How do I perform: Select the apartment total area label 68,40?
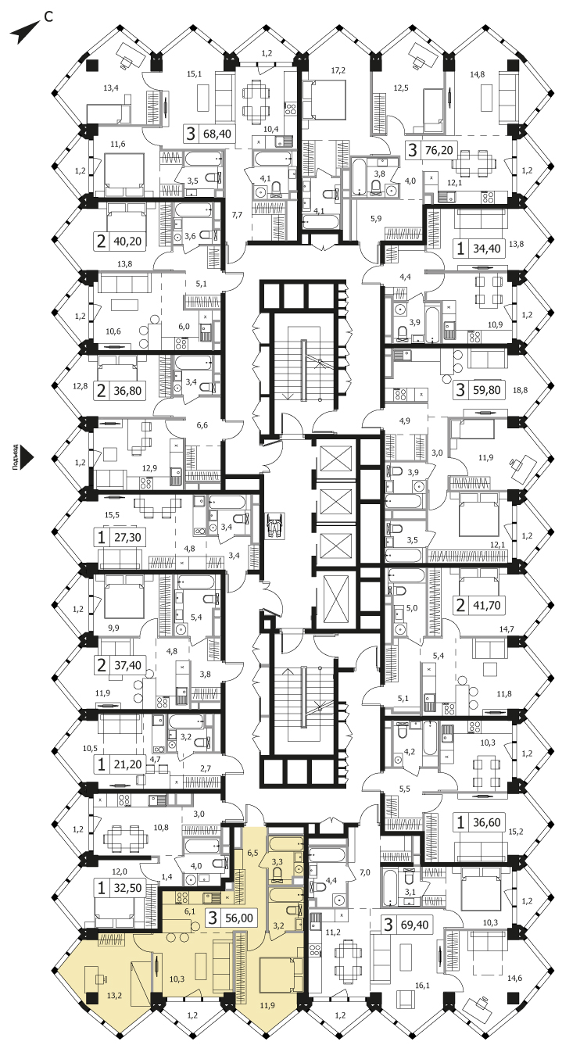pyautogui.click(x=217, y=134)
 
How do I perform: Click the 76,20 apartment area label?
pyautogui.click(x=439, y=151)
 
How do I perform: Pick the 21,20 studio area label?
pyautogui.click(x=127, y=764)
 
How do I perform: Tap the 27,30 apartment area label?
pyautogui.click(x=127, y=538)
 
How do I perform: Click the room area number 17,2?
pyautogui.click(x=338, y=70)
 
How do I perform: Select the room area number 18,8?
pyautogui.click(x=520, y=390)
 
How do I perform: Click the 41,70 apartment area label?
pyautogui.click(x=486, y=606)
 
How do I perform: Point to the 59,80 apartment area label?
pyautogui.click(x=486, y=390)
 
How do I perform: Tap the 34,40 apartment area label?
pyautogui.click(x=486, y=248)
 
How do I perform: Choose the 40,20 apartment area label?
pyautogui.click(x=127, y=241)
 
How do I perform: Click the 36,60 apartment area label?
pyautogui.click(x=486, y=822)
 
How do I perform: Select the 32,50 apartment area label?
pyautogui.click(x=127, y=888)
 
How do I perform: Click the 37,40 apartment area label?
pyautogui.click(x=127, y=665)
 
